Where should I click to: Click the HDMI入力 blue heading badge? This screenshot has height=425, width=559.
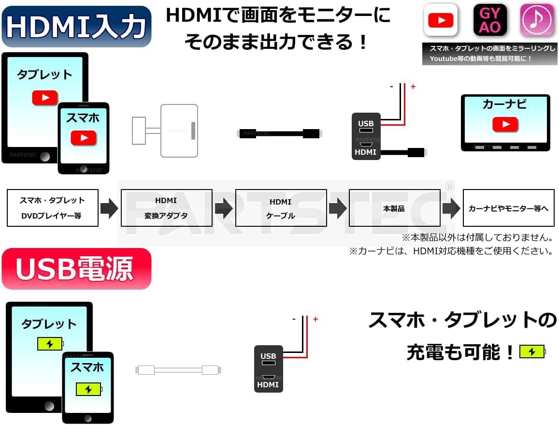(76, 27)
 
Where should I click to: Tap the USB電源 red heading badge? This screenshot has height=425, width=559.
(76, 269)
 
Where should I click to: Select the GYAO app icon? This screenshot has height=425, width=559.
(490, 20)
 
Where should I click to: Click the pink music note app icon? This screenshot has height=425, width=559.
(537, 20)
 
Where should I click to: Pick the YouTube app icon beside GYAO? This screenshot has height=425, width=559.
(441, 20)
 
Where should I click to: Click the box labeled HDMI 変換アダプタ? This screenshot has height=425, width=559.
(166, 208)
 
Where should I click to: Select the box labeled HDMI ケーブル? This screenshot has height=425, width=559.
(281, 208)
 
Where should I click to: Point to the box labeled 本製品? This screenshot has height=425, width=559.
(394, 208)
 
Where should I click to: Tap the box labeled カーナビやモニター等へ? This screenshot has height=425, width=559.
(508, 208)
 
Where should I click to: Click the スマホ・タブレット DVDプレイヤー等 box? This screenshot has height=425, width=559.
(53, 208)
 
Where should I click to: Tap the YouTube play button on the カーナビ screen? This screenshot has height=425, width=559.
(505, 125)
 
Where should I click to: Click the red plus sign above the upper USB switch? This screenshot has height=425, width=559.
(413, 87)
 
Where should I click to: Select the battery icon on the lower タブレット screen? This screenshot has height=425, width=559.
(50, 344)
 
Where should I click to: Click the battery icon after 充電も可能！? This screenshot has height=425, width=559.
(532, 352)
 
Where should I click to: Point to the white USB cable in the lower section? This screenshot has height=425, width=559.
(178, 370)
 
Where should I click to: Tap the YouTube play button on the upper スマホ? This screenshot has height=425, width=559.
(84, 138)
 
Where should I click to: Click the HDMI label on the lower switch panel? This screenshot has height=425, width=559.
(268, 385)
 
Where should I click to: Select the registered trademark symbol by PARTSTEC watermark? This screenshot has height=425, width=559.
(449, 186)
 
